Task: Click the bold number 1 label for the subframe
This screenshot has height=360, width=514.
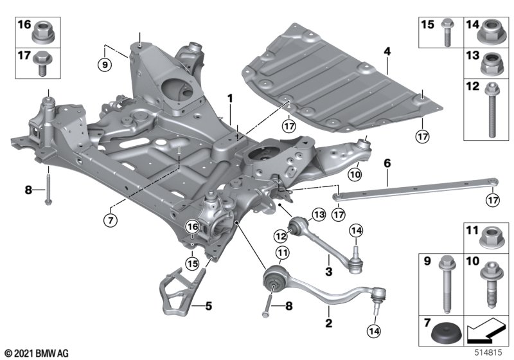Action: (x=231, y=98)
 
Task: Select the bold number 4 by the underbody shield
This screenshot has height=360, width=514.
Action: (x=387, y=51)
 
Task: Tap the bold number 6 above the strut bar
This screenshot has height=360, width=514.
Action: (x=387, y=163)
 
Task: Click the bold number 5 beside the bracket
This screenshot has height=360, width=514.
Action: (x=209, y=306)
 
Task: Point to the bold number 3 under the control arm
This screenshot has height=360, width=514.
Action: (x=328, y=271)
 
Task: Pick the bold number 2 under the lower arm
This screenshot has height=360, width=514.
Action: (x=328, y=323)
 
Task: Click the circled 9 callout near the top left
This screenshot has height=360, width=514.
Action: (x=105, y=64)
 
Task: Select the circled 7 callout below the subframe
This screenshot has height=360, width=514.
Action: (x=111, y=220)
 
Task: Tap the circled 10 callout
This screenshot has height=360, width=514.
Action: (x=355, y=174)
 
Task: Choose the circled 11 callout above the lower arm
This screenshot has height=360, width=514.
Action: (x=283, y=253)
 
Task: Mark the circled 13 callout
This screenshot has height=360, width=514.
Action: (x=319, y=215)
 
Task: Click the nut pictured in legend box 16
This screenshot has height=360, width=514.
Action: (x=43, y=32)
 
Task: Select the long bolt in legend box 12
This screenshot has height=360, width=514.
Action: (x=492, y=110)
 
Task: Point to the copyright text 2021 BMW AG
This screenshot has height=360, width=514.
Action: (x=37, y=354)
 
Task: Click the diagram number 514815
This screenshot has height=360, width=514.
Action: (x=488, y=353)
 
